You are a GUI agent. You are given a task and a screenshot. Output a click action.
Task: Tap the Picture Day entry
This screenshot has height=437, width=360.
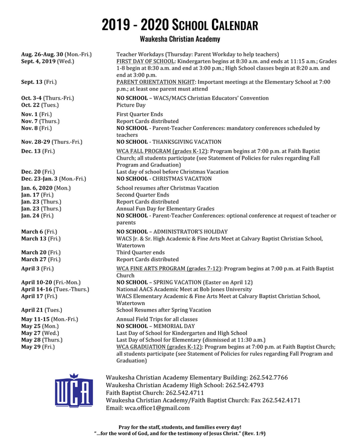click(x=131, y=105)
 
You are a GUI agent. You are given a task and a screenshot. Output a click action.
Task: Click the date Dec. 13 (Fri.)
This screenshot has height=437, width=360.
click(x=38, y=151)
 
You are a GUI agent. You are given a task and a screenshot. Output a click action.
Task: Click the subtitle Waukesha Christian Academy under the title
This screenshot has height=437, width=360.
click(x=180, y=39)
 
